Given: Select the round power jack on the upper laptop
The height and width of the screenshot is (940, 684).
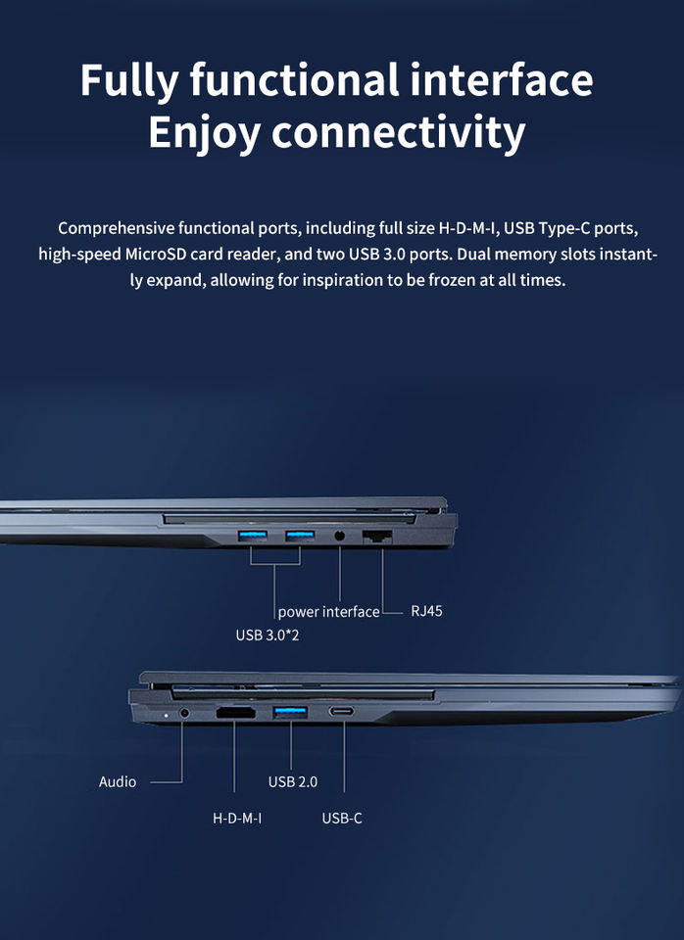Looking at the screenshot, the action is pyautogui.click(x=340, y=537).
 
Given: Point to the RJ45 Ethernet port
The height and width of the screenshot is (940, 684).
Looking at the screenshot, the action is pyautogui.click(x=377, y=537).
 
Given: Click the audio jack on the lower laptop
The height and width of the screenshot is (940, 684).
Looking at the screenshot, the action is pyautogui.click(x=183, y=714).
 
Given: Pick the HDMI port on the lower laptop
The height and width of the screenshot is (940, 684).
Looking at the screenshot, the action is pyautogui.click(x=235, y=713).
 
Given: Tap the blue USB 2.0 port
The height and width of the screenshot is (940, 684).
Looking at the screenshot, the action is pyautogui.click(x=290, y=712).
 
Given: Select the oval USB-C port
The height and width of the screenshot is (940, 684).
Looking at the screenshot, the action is pyautogui.click(x=343, y=712).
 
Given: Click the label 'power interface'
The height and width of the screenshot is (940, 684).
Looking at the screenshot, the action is pyautogui.click(x=328, y=612).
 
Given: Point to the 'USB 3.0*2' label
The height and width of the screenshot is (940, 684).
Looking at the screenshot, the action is pyautogui.click(x=268, y=635).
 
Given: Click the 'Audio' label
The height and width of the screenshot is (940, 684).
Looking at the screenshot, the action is pyautogui.click(x=118, y=782).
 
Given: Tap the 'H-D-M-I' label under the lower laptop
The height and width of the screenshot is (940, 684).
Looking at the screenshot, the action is pyautogui.click(x=237, y=818).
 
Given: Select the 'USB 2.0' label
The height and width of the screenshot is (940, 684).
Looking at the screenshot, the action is pyautogui.click(x=293, y=782).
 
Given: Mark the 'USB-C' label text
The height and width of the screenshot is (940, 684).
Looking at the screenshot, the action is pyautogui.click(x=342, y=818).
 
